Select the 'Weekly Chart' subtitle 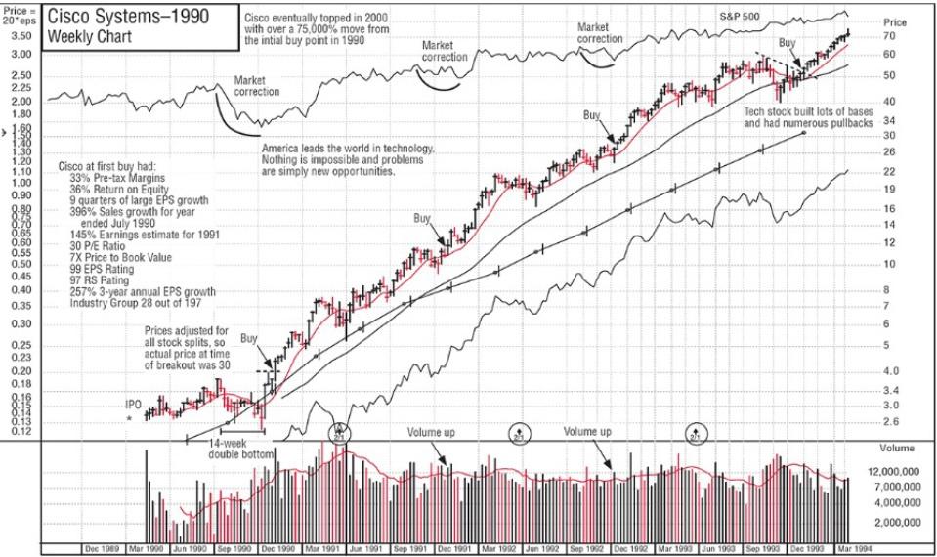[85, 37]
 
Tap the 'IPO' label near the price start [134, 404]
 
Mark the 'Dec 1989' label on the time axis [102, 548]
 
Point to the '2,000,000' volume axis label [897, 523]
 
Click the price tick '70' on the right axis [889, 36]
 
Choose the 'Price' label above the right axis [894, 21]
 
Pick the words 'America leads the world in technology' [347, 149]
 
